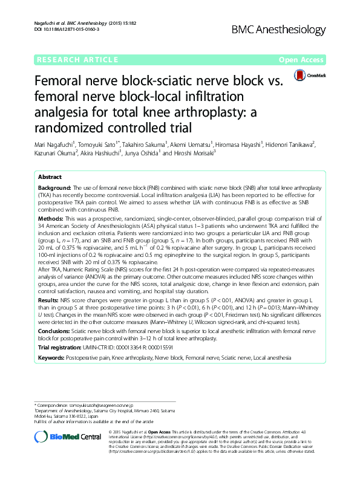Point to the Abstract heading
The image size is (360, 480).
coord(49,177)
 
